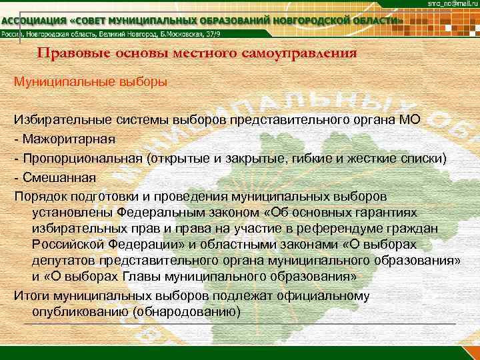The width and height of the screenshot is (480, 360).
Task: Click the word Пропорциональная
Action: point(83,159)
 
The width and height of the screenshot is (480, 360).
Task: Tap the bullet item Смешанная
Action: point(59,178)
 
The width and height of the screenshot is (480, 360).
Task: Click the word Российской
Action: point(67,245)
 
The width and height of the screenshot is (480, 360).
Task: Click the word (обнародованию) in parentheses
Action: point(186,311)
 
